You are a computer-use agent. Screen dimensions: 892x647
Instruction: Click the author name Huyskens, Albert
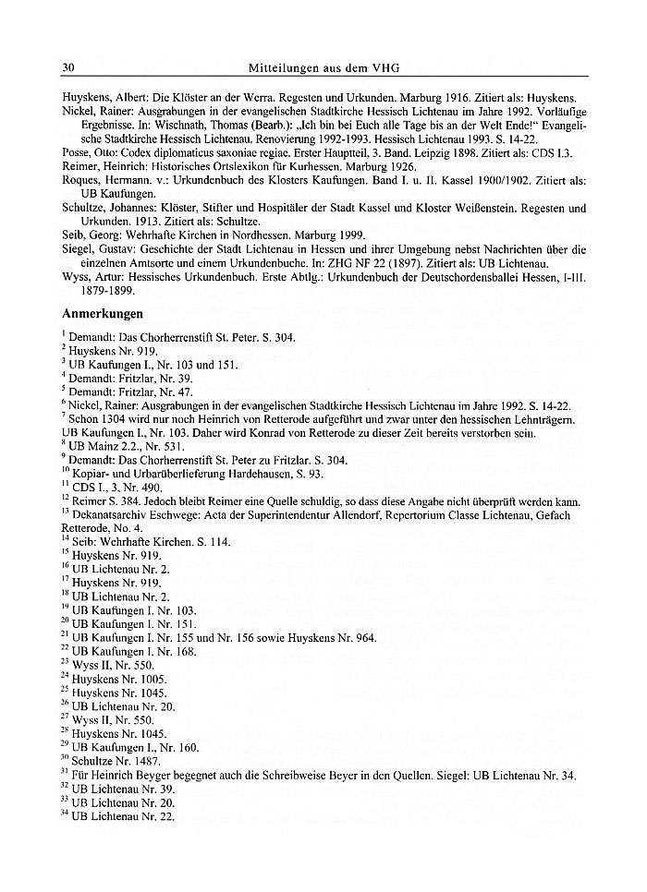pyautogui.click(x=97, y=97)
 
